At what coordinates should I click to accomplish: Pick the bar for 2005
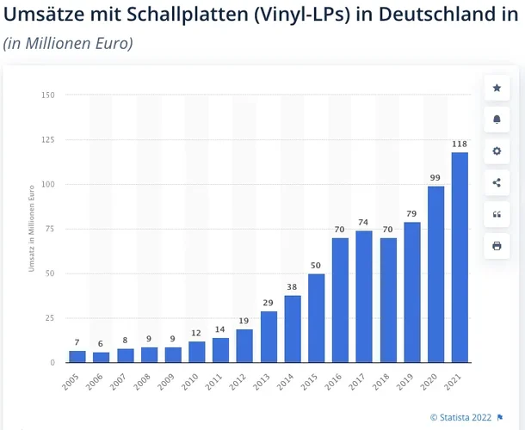click(77, 356)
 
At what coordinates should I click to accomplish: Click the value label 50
click(317, 266)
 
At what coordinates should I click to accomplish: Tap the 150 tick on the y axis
click(47, 95)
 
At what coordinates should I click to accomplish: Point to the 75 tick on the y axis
click(49, 229)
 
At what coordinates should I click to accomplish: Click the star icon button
click(497, 88)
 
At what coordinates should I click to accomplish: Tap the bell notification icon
click(497, 120)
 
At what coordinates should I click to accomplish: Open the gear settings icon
click(497, 150)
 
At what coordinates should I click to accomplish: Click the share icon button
click(497, 182)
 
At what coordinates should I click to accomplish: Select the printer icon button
click(497, 246)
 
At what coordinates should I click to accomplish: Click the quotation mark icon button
click(497, 214)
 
